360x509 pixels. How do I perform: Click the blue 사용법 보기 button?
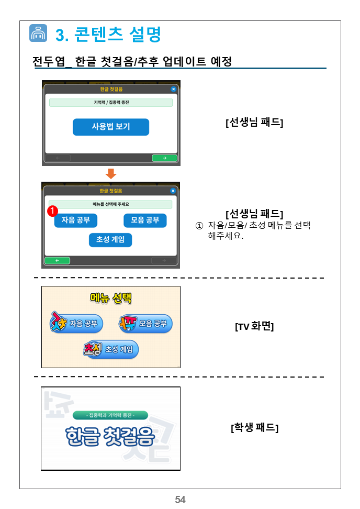[111, 127]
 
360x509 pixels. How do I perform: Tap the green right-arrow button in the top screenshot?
[164, 158]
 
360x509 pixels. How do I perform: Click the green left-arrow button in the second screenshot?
[57, 261]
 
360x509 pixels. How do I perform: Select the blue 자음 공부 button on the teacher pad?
[76, 220]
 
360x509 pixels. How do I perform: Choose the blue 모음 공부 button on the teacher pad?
[145, 220]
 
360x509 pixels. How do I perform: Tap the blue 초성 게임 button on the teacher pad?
[110, 240]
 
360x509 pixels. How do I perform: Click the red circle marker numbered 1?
[52, 211]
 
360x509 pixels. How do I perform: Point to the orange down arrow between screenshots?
[111, 174]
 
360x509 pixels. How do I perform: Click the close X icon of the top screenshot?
[174, 89]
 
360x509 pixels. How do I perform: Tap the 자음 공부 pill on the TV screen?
[76, 323]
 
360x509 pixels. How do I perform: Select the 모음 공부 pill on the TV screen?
[145, 323]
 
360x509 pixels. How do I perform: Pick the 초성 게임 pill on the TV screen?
[111, 349]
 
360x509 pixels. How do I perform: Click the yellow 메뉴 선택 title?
[111, 298]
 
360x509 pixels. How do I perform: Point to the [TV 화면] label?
[255, 326]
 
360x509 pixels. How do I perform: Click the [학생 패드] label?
[255, 427]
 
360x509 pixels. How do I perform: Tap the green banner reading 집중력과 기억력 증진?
[110, 415]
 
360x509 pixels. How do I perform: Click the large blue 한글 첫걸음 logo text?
[110, 436]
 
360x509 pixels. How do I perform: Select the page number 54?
[181, 499]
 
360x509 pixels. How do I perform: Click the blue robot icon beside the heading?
[38, 33]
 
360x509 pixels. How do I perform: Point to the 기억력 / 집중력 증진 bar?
[111, 103]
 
